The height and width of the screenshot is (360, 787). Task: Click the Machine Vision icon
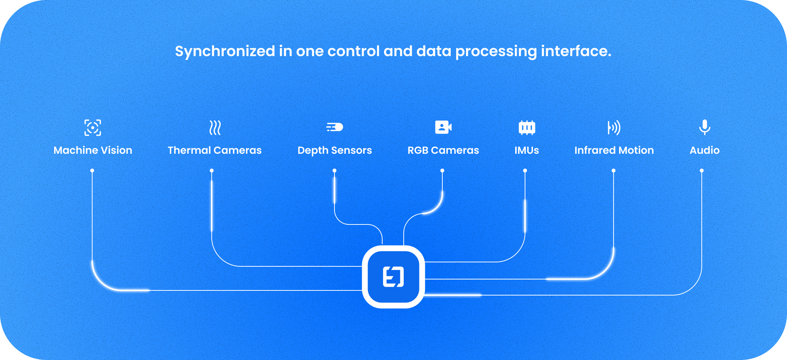(93, 128)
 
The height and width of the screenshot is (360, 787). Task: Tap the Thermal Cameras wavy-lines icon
(215, 128)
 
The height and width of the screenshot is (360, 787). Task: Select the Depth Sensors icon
(334, 127)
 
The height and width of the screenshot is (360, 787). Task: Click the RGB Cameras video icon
(443, 127)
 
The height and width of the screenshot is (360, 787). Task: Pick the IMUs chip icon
(526, 128)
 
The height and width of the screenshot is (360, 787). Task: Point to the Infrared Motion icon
(614, 128)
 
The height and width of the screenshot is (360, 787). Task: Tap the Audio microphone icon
(705, 127)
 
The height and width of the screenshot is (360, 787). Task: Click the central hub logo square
(393, 277)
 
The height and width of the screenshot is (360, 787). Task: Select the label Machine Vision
(93, 150)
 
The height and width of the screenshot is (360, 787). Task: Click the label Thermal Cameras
(215, 150)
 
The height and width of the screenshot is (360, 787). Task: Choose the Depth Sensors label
(334, 150)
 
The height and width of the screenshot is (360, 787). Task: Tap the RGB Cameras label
(443, 150)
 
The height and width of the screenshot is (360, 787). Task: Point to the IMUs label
(526, 150)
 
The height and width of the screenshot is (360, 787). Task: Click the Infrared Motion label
(614, 150)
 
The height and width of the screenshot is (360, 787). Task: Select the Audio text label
(705, 150)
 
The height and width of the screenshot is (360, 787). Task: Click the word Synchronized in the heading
(225, 51)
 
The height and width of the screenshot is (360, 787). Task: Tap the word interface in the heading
(576, 51)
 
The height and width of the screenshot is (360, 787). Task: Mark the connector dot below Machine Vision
(92, 171)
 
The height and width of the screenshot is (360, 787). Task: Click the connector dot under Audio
(702, 171)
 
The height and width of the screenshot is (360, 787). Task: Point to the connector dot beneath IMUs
(525, 171)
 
